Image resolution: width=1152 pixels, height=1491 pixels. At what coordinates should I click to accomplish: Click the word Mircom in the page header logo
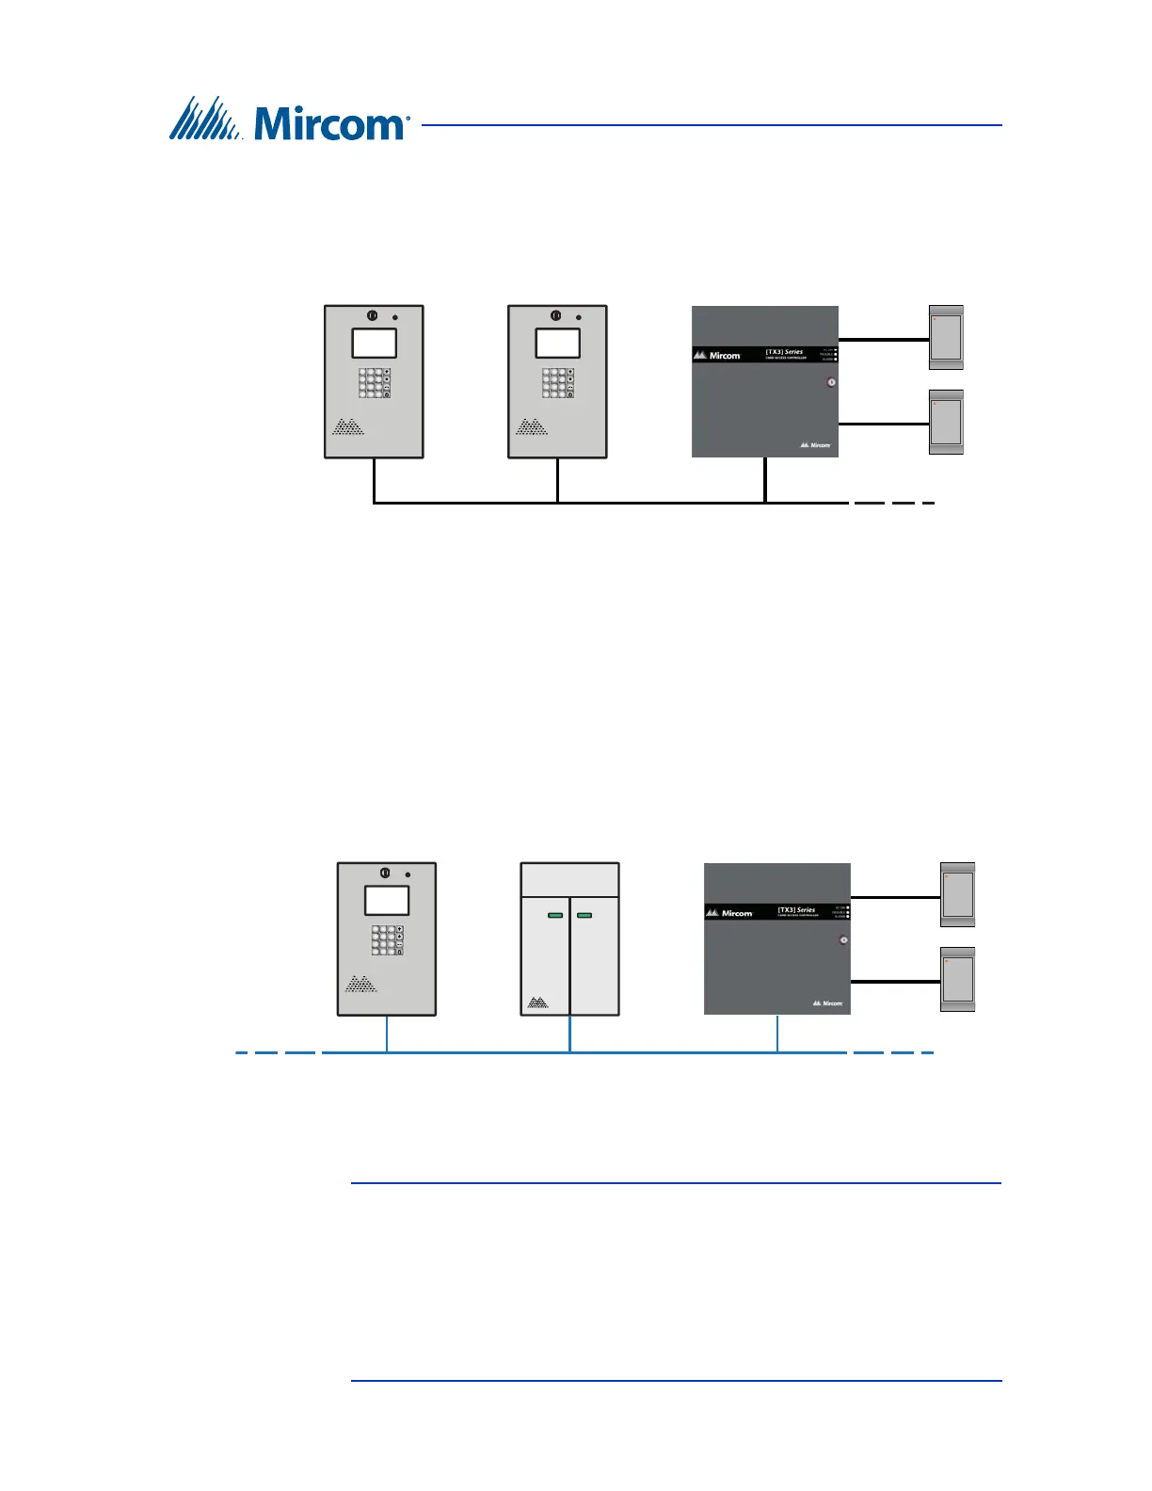(x=329, y=123)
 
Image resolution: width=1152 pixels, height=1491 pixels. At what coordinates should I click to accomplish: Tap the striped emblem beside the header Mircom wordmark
(x=207, y=119)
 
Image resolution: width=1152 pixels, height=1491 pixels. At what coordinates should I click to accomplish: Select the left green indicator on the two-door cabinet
(x=555, y=915)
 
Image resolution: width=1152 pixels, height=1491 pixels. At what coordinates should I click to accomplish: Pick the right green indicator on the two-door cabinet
(x=584, y=915)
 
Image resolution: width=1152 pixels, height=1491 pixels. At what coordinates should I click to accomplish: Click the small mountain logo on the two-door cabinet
(x=537, y=1002)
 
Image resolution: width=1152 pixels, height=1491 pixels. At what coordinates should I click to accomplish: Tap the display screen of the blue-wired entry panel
(x=387, y=900)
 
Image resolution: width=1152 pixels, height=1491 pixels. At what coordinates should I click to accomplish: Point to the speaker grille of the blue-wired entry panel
(x=361, y=985)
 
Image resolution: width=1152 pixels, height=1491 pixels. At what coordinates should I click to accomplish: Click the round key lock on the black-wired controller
(x=831, y=382)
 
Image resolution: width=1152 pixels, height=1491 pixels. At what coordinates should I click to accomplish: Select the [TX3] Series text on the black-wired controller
(x=784, y=352)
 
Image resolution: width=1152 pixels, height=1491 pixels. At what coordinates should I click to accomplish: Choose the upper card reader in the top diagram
(x=946, y=336)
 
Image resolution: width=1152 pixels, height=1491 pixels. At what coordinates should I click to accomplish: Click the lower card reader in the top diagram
(x=946, y=422)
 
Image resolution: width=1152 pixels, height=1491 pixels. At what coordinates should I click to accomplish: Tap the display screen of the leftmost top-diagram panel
(x=374, y=343)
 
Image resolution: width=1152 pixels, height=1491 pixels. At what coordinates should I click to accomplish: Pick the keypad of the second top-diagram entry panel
(x=558, y=382)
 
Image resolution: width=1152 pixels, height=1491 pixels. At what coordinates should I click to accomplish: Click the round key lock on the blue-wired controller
(x=843, y=939)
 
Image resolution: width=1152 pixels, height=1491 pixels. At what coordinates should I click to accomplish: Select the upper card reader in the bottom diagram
(x=958, y=894)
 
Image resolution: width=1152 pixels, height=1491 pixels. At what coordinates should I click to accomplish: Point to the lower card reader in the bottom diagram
(x=958, y=979)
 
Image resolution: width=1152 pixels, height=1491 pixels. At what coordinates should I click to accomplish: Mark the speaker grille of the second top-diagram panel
(x=532, y=427)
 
